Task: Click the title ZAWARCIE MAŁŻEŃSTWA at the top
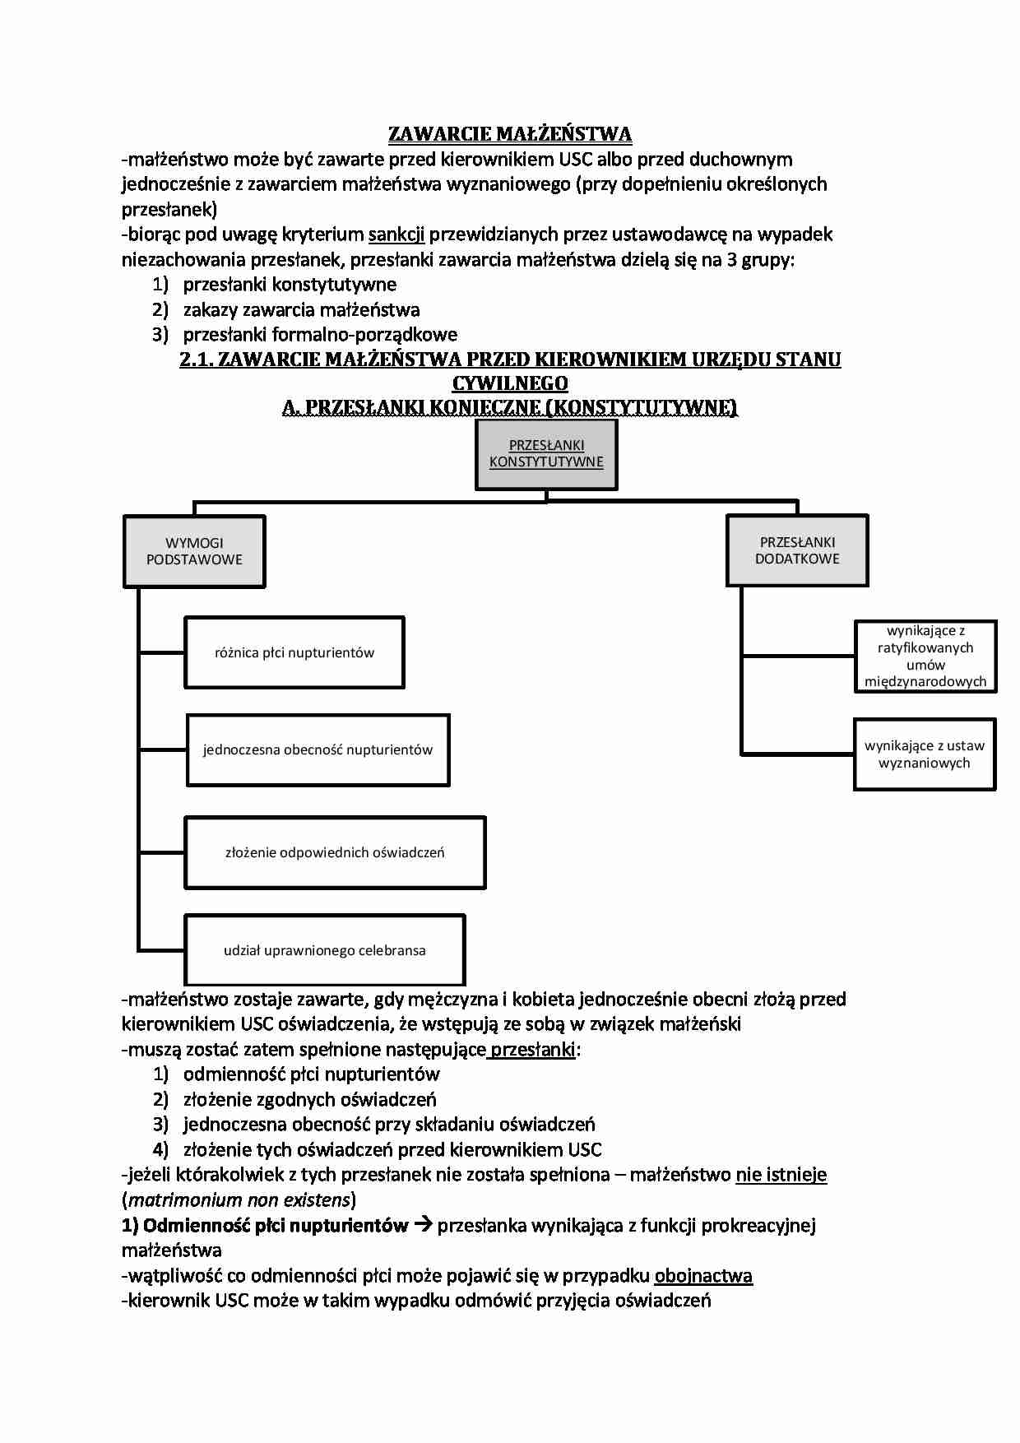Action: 510,134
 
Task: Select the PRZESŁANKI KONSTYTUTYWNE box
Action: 546,454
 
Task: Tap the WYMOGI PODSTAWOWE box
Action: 194,551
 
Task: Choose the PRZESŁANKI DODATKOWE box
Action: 797,550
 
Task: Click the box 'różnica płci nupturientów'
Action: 294,652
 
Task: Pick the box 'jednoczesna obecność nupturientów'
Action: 318,749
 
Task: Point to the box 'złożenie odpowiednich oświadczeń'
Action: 335,852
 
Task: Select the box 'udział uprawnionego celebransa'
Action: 325,950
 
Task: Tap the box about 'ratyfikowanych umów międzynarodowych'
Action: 925,657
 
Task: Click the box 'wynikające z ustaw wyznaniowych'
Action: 925,754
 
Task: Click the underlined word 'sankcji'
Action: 396,234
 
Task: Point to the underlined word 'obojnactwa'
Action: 703,1276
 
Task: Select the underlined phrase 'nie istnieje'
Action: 781,1175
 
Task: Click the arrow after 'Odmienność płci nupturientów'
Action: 423,1225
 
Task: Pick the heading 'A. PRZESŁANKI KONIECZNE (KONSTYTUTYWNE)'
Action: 510,408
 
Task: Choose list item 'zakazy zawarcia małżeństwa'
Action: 301,310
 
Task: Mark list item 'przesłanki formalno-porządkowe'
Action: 320,335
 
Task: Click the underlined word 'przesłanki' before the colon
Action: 533,1050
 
